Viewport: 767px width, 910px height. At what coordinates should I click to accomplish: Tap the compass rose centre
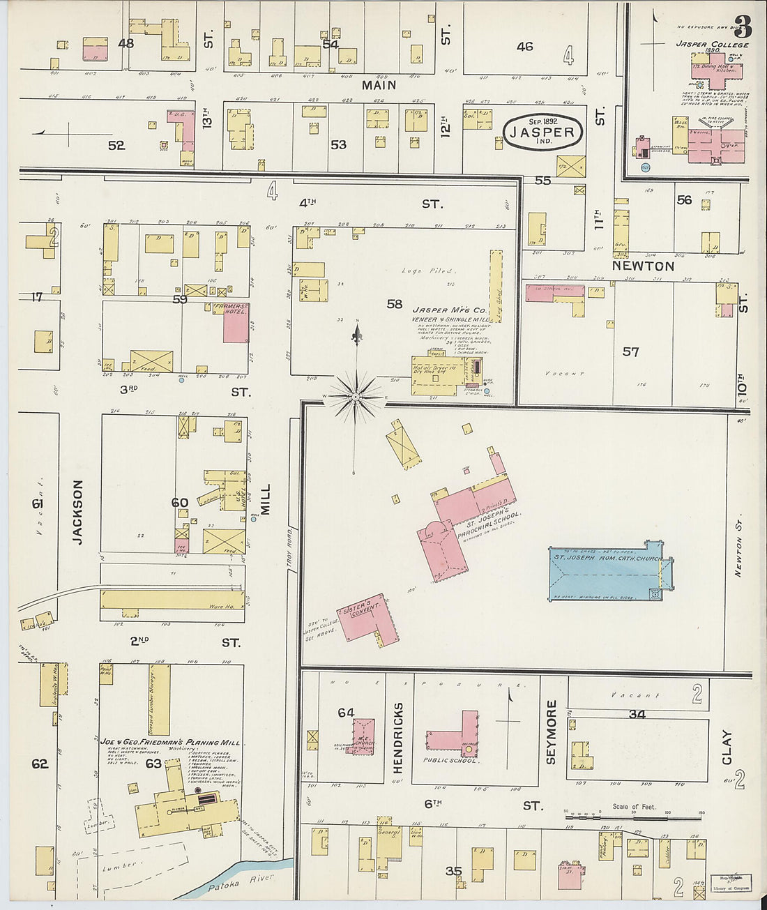pyautogui.click(x=356, y=396)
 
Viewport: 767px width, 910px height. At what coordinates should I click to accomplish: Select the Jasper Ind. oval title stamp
pyautogui.click(x=542, y=132)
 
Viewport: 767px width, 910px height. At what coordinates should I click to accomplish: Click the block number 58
pyautogui.click(x=395, y=303)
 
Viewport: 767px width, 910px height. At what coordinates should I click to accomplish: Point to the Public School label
pyautogui.click(x=450, y=760)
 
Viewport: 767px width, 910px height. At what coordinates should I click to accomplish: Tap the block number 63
pyautogui.click(x=153, y=763)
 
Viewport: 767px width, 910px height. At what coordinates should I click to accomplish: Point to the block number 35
pyautogui.click(x=453, y=870)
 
